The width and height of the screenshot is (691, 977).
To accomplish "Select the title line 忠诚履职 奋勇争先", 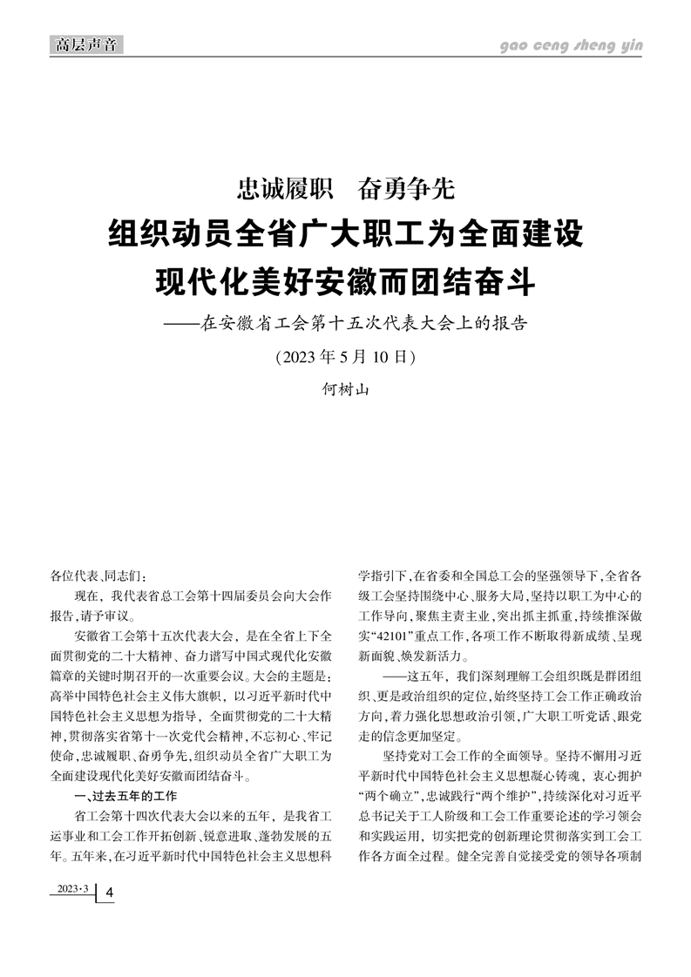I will coord(345,187).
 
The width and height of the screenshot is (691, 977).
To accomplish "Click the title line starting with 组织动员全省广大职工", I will coord(345,235).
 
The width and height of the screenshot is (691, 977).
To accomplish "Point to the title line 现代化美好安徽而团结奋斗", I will coord(345,280).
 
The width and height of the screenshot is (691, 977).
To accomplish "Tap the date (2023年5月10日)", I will coord(345,357).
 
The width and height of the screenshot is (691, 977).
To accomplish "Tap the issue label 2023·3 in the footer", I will coord(73,888).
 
